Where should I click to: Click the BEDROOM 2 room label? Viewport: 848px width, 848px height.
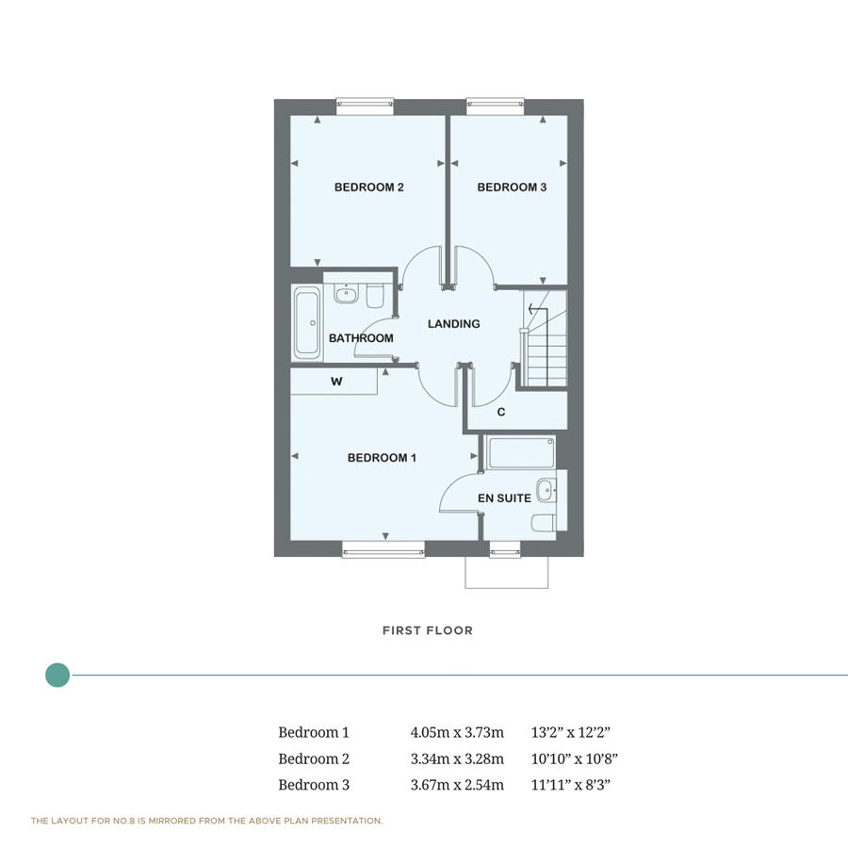point(368,188)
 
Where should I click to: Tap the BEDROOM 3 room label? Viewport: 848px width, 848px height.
point(512,188)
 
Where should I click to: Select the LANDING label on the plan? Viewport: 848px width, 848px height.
point(453,324)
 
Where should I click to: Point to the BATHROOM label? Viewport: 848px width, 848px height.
point(361,338)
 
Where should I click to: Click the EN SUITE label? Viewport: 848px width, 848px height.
point(504,498)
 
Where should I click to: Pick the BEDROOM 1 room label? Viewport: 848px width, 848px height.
point(382,458)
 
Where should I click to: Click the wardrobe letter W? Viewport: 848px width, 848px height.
point(335,382)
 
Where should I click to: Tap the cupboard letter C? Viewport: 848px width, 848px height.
point(501,412)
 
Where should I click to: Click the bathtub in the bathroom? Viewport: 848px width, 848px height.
point(307,323)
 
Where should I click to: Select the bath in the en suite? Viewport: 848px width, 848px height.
point(521,452)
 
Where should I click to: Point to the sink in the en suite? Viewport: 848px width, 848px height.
point(546,490)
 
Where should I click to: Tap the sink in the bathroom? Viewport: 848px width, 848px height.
point(347,294)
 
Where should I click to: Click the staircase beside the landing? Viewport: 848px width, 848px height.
point(545,339)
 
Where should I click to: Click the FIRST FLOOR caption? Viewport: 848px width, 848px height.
point(427,630)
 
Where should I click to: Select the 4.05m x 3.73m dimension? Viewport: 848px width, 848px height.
point(457,732)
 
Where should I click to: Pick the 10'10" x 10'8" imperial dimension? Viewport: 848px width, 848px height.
point(574,758)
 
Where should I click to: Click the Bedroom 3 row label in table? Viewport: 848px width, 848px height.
point(314,785)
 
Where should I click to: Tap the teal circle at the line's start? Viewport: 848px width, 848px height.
point(57,675)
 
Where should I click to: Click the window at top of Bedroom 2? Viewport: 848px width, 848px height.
point(365,106)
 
